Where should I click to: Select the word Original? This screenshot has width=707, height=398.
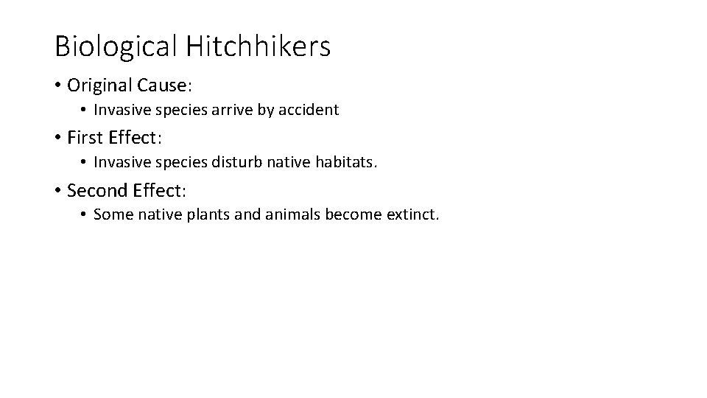tap(99, 85)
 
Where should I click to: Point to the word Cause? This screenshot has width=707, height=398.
tap(163, 85)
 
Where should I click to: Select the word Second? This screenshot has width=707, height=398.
tap(97, 190)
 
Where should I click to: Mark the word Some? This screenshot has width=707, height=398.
tap(110, 215)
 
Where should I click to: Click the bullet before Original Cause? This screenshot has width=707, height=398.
tap(57, 85)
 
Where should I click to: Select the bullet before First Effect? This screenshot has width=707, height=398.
tap(57, 138)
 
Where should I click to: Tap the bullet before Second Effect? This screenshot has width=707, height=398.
tap(57, 190)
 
